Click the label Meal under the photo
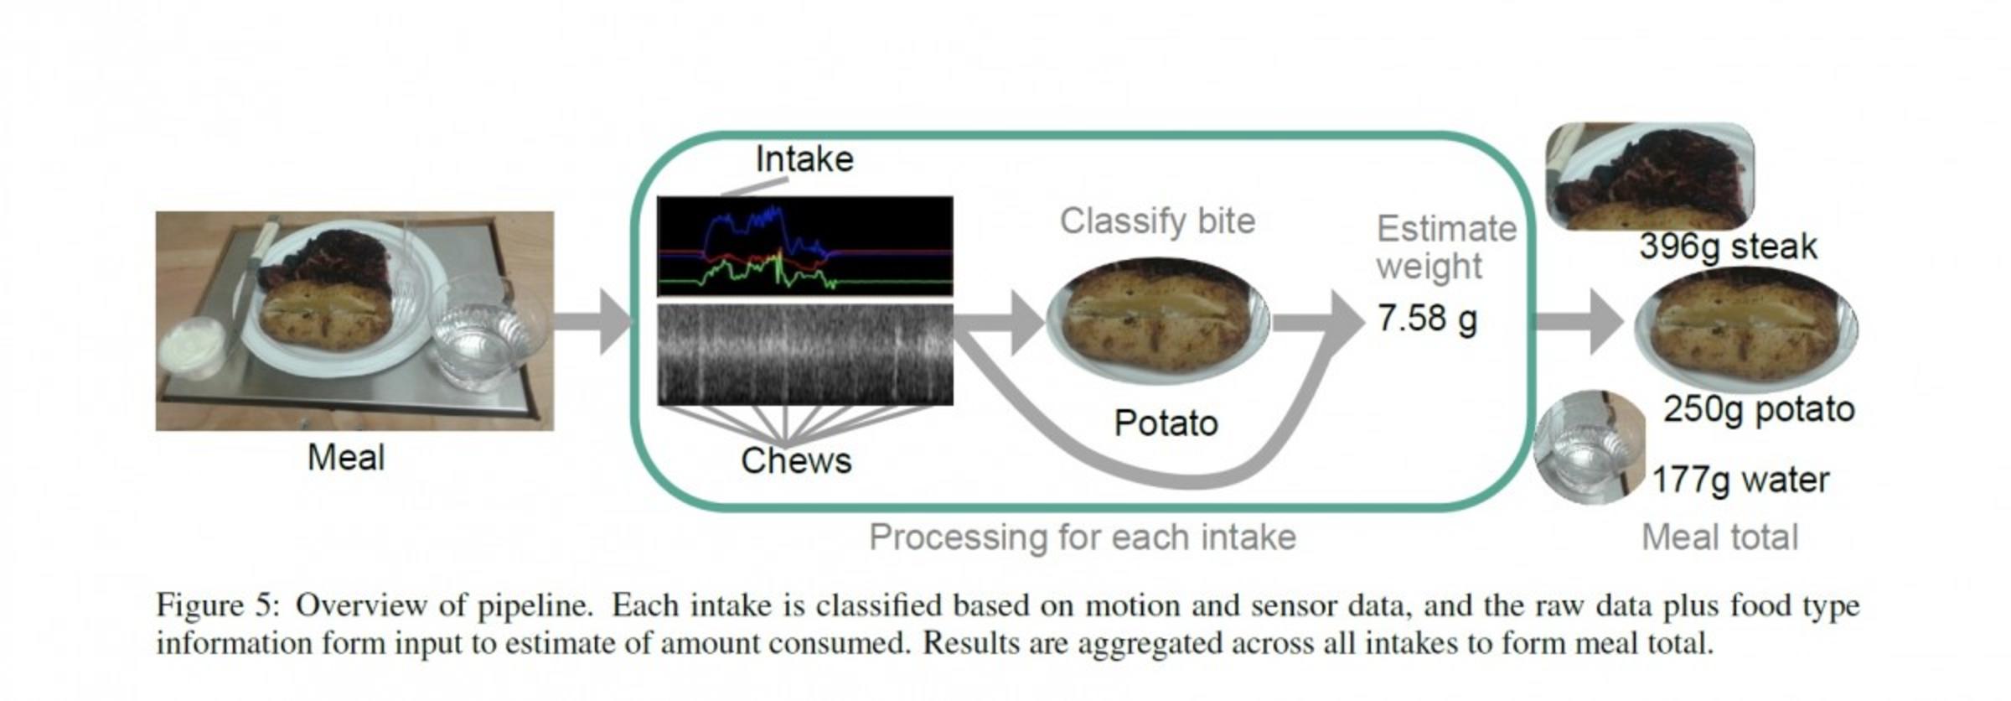pos(346,458)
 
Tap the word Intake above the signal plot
pos(804,159)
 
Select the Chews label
pos(795,460)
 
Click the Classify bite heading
pos(1157,221)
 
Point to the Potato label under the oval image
pos(1166,423)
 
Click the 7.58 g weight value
pos(1427,319)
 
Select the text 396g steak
pos(1728,247)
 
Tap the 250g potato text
pos(1758,409)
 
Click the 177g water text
pos(1740,480)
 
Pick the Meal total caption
pos(1719,537)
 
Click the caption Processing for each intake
pos(1082,537)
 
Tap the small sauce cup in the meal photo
pos(194,347)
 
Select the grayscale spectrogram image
pos(804,355)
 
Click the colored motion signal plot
pos(804,246)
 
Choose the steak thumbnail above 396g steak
pos(1648,176)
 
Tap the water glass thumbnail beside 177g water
pos(1588,446)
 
